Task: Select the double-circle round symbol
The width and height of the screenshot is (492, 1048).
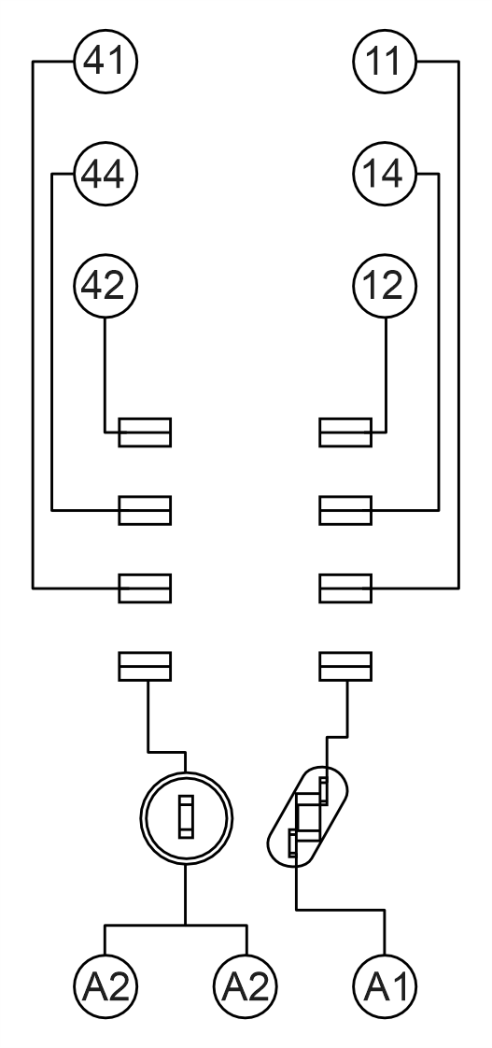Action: [187, 772]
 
